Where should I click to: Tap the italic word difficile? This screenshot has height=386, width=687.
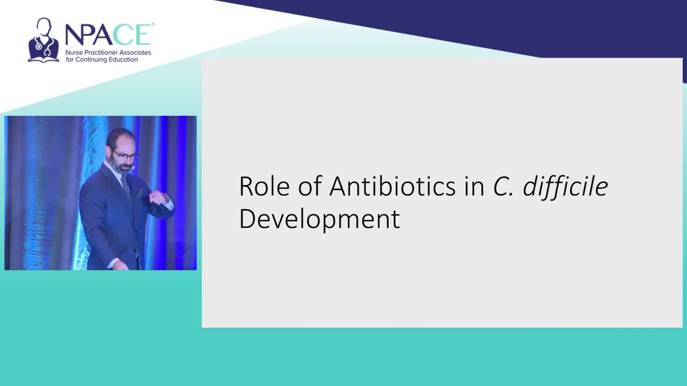pos(565,187)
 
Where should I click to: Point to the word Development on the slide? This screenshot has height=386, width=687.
pos(319,219)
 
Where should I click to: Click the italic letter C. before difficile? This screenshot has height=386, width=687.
pos(503,187)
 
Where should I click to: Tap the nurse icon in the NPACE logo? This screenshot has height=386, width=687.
pos(43,40)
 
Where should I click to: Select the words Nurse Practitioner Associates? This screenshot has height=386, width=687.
pos(108,53)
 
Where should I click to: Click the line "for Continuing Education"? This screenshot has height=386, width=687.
pos(101,60)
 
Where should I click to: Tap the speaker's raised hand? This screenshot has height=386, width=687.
pos(157,198)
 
